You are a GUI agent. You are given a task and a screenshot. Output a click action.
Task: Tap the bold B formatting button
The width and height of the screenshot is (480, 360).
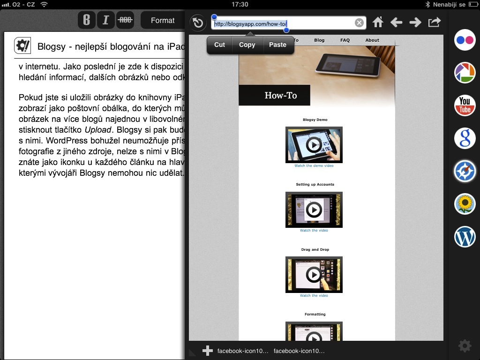86,20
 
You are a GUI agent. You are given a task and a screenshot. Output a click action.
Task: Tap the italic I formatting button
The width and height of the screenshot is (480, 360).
105,20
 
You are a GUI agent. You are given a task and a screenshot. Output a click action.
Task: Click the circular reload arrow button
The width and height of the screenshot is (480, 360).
198,23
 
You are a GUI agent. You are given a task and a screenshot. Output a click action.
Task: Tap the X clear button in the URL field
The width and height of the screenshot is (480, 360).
359,22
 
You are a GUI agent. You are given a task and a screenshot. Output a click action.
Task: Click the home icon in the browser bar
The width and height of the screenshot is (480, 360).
378,22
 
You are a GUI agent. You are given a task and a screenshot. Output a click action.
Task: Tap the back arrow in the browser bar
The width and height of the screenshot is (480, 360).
397,22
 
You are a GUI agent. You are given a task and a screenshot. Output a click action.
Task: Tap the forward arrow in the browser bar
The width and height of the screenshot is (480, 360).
415,22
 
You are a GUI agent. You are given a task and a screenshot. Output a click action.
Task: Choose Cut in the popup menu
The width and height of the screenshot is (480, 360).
219,45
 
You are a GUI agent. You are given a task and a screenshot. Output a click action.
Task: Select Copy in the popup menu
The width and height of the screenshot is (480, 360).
247,45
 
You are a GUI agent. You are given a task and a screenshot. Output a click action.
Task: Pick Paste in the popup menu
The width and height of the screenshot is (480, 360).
277,45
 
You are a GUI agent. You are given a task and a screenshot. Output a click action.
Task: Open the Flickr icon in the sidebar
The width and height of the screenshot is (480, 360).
465,40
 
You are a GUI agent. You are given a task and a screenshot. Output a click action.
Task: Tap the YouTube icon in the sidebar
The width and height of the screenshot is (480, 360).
465,105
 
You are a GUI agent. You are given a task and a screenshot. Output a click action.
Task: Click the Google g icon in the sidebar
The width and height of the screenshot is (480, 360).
465,138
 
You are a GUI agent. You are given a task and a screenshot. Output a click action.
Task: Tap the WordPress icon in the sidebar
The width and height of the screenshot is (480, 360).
465,237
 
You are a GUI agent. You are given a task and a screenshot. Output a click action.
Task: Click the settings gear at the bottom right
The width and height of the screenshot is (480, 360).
465,346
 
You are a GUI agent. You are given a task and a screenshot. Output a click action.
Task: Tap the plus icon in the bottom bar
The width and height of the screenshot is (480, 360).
207,351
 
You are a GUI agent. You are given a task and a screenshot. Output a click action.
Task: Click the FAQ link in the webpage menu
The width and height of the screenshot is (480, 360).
345,40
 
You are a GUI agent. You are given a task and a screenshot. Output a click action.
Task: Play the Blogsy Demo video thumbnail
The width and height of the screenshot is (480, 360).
314,145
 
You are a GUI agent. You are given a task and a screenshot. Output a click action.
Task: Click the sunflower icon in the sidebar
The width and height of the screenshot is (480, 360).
465,204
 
